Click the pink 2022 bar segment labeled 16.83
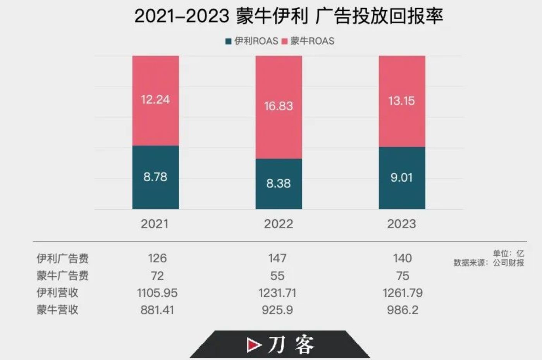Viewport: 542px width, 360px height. click(279, 107)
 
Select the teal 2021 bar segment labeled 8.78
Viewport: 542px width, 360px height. click(155, 177)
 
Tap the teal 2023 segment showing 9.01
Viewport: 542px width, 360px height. click(402, 178)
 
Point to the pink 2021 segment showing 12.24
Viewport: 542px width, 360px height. click(155, 100)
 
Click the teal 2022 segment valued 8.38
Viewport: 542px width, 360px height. click(279, 183)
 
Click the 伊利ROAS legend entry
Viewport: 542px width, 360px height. click(252, 41)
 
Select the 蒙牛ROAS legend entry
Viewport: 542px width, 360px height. click(308, 41)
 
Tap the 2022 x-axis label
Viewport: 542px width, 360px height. click(279, 224)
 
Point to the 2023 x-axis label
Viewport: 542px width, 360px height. click(402, 224)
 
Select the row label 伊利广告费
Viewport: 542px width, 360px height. click(62, 258)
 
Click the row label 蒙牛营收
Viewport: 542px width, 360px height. click(57, 310)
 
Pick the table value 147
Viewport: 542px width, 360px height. click(277, 258)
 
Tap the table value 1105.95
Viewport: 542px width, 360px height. click(157, 293)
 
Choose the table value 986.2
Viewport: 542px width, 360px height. click(403, 310)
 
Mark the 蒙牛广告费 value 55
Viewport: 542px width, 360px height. click(277, 276)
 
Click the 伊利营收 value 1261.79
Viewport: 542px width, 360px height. click(403, 293)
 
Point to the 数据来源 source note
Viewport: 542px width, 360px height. click(489, 263)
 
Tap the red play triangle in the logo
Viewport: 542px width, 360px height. click(253, 345)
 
